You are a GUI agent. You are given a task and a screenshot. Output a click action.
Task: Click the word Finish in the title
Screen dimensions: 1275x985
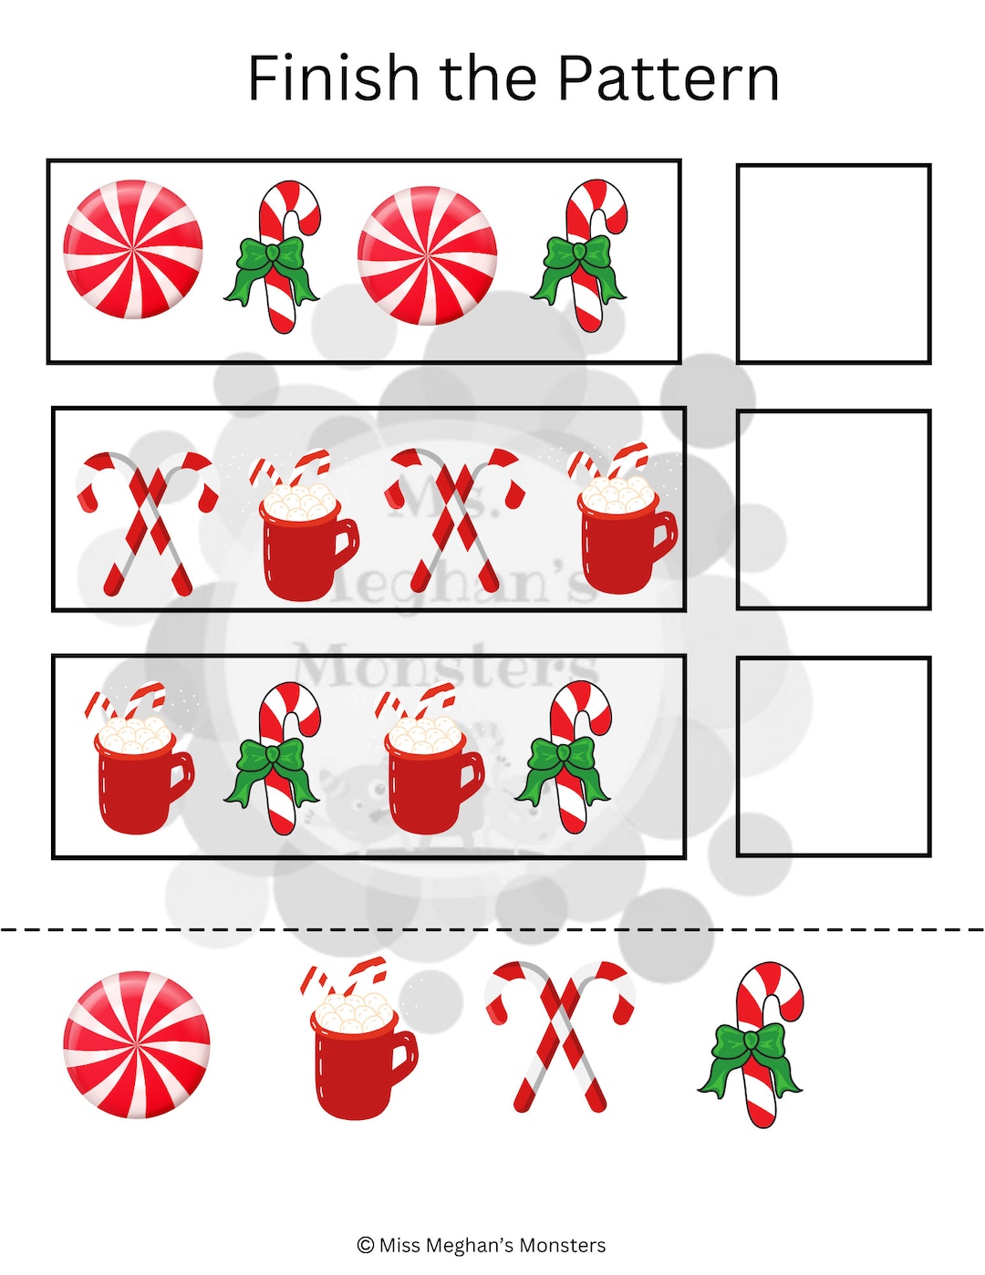coord(334,78)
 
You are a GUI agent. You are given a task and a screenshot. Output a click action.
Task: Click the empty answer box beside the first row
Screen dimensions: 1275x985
coord(833,264)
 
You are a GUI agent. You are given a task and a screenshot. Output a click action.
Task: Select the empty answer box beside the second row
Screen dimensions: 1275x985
coord(833,509)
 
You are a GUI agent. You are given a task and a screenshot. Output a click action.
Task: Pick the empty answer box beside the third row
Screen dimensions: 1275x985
coord(833,756)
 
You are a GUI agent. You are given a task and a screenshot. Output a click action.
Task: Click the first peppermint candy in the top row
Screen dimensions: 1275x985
coord(133,249)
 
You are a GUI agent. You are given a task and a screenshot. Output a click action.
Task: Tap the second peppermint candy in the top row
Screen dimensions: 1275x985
coord(427,255)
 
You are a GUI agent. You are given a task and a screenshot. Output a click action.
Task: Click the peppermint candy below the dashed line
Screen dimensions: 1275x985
coord(137,1044)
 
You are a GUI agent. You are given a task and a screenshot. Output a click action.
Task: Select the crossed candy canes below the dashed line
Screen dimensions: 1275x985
coord(560,1036)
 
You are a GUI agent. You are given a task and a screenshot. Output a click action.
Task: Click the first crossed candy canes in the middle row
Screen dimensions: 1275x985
coord(146,523)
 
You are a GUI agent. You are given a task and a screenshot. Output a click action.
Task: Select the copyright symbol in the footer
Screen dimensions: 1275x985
coord(366,1245)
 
